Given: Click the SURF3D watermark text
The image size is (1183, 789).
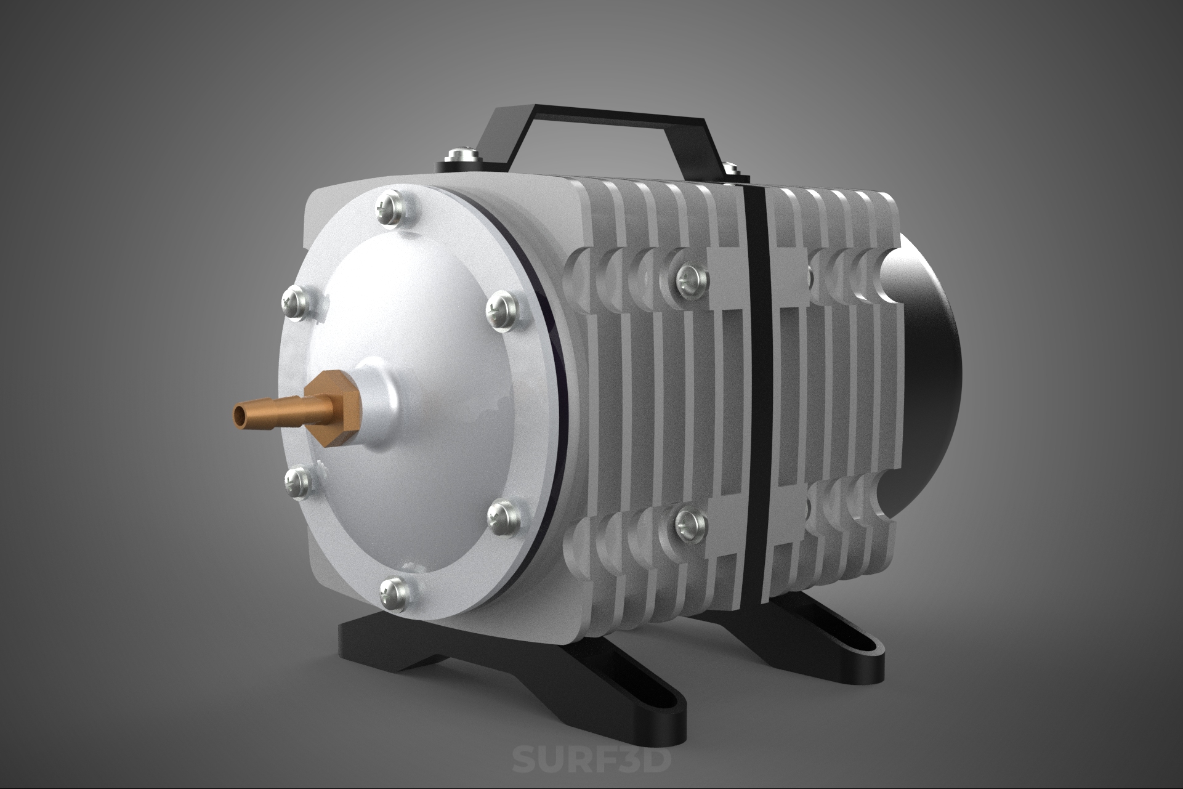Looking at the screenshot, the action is pos(592,758).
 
